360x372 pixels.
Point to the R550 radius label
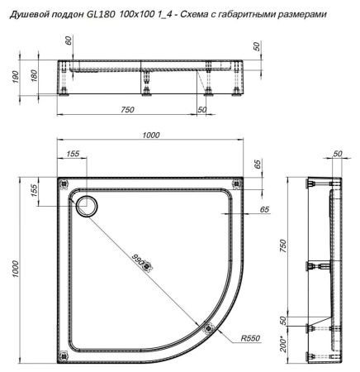(249, 339)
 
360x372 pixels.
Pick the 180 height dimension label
(33, 76)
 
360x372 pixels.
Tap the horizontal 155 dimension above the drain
(73, 155)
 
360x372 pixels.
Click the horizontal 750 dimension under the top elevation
(126, 108)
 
